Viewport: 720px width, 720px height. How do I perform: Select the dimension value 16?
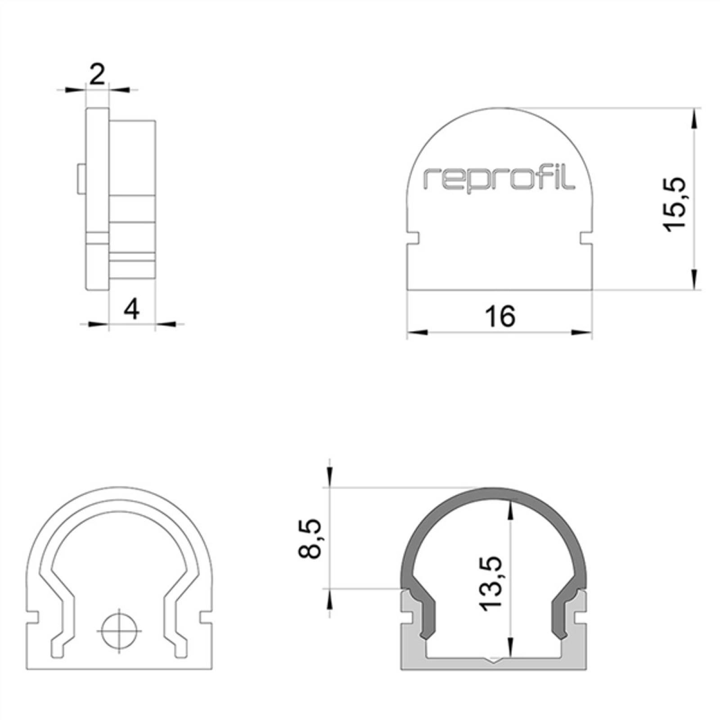tap(500, 316)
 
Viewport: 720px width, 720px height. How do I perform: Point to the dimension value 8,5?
tap(310, 538)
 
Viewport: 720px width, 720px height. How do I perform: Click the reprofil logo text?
tap(499, 180)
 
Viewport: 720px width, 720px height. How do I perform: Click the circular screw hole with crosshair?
tap(119, 630)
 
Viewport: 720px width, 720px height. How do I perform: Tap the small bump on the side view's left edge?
tap(81, 179)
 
